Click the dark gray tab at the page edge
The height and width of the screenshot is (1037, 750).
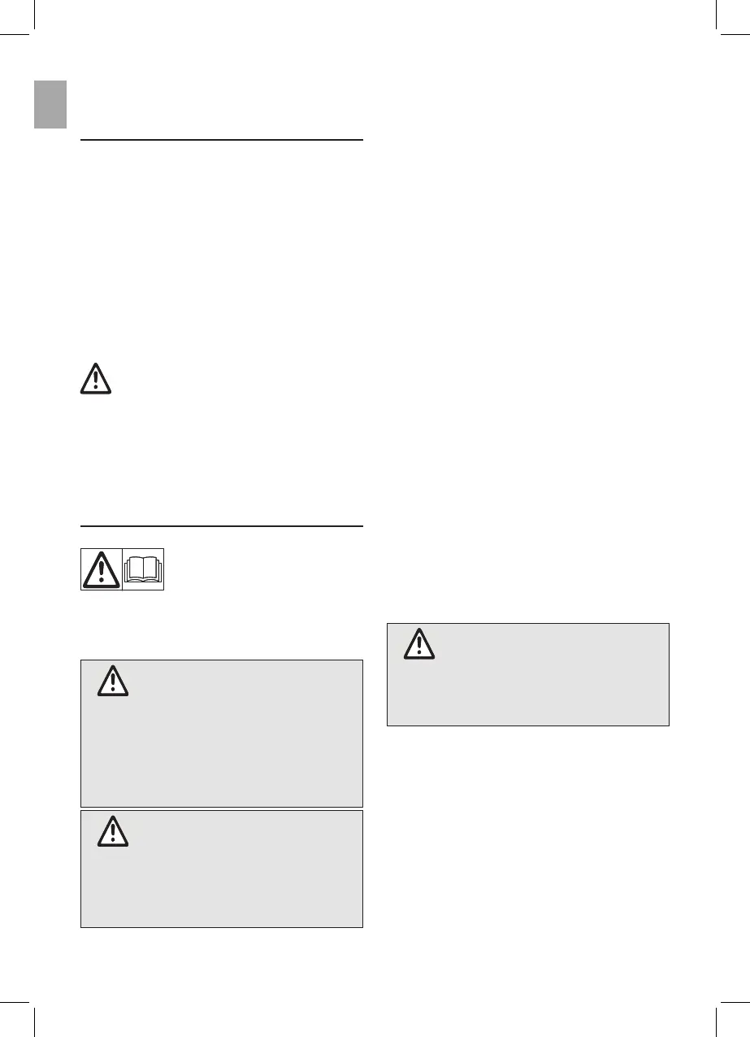(50, 104)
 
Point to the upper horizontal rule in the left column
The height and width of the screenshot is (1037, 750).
(221, 140)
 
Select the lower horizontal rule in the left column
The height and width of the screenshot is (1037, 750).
(221, 525)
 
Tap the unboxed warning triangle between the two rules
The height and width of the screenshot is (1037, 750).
(96, 379)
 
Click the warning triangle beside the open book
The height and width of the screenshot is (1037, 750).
(101, 569)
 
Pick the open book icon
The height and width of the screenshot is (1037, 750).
(143, 569)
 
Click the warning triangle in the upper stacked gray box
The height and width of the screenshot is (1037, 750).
(113, 682)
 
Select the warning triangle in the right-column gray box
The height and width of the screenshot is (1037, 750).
(419, 643)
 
